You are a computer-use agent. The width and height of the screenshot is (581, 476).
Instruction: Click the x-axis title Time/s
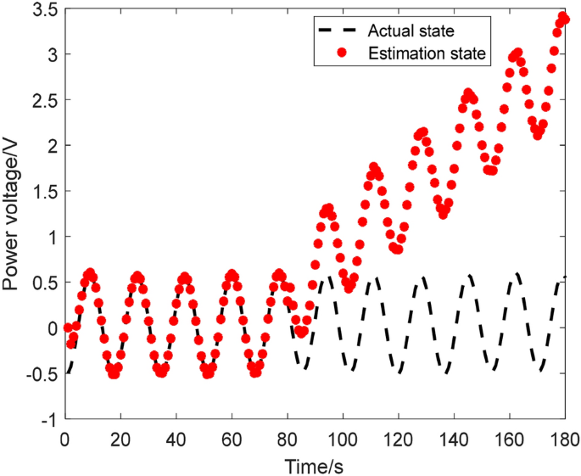(315, 465)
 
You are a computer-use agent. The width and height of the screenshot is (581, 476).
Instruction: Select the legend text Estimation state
(426, 53)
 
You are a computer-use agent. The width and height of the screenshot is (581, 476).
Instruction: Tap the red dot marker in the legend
(341, 53)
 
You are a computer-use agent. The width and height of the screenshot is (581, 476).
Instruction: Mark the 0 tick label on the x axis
(64, 440)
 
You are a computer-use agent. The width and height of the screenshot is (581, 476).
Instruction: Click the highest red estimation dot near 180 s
(563, 17)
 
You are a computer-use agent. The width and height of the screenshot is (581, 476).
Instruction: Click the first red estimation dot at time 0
(68, 328)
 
